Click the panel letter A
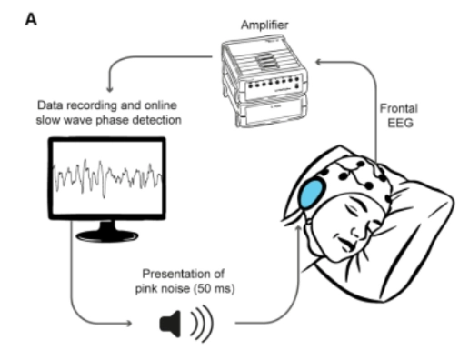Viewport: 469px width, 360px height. (x=34, y=17)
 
